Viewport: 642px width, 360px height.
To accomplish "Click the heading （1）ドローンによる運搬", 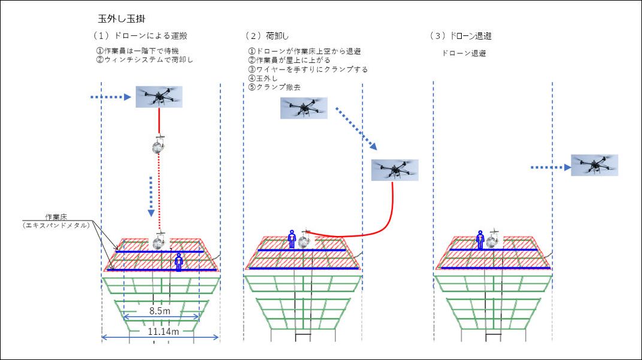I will click(x=141, y=36).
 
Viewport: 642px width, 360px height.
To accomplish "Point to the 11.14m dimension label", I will click(x=160, y=330).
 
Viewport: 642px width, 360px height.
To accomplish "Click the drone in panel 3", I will click(x=594, y=165).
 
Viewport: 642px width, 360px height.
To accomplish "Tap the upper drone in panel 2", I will click(x=304, y=108).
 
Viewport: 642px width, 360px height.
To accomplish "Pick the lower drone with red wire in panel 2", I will click(x=393, y=170).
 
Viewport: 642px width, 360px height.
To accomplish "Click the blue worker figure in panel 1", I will click(x=178, y=261).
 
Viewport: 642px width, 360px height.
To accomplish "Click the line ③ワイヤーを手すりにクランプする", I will click(x=308, y=69).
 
